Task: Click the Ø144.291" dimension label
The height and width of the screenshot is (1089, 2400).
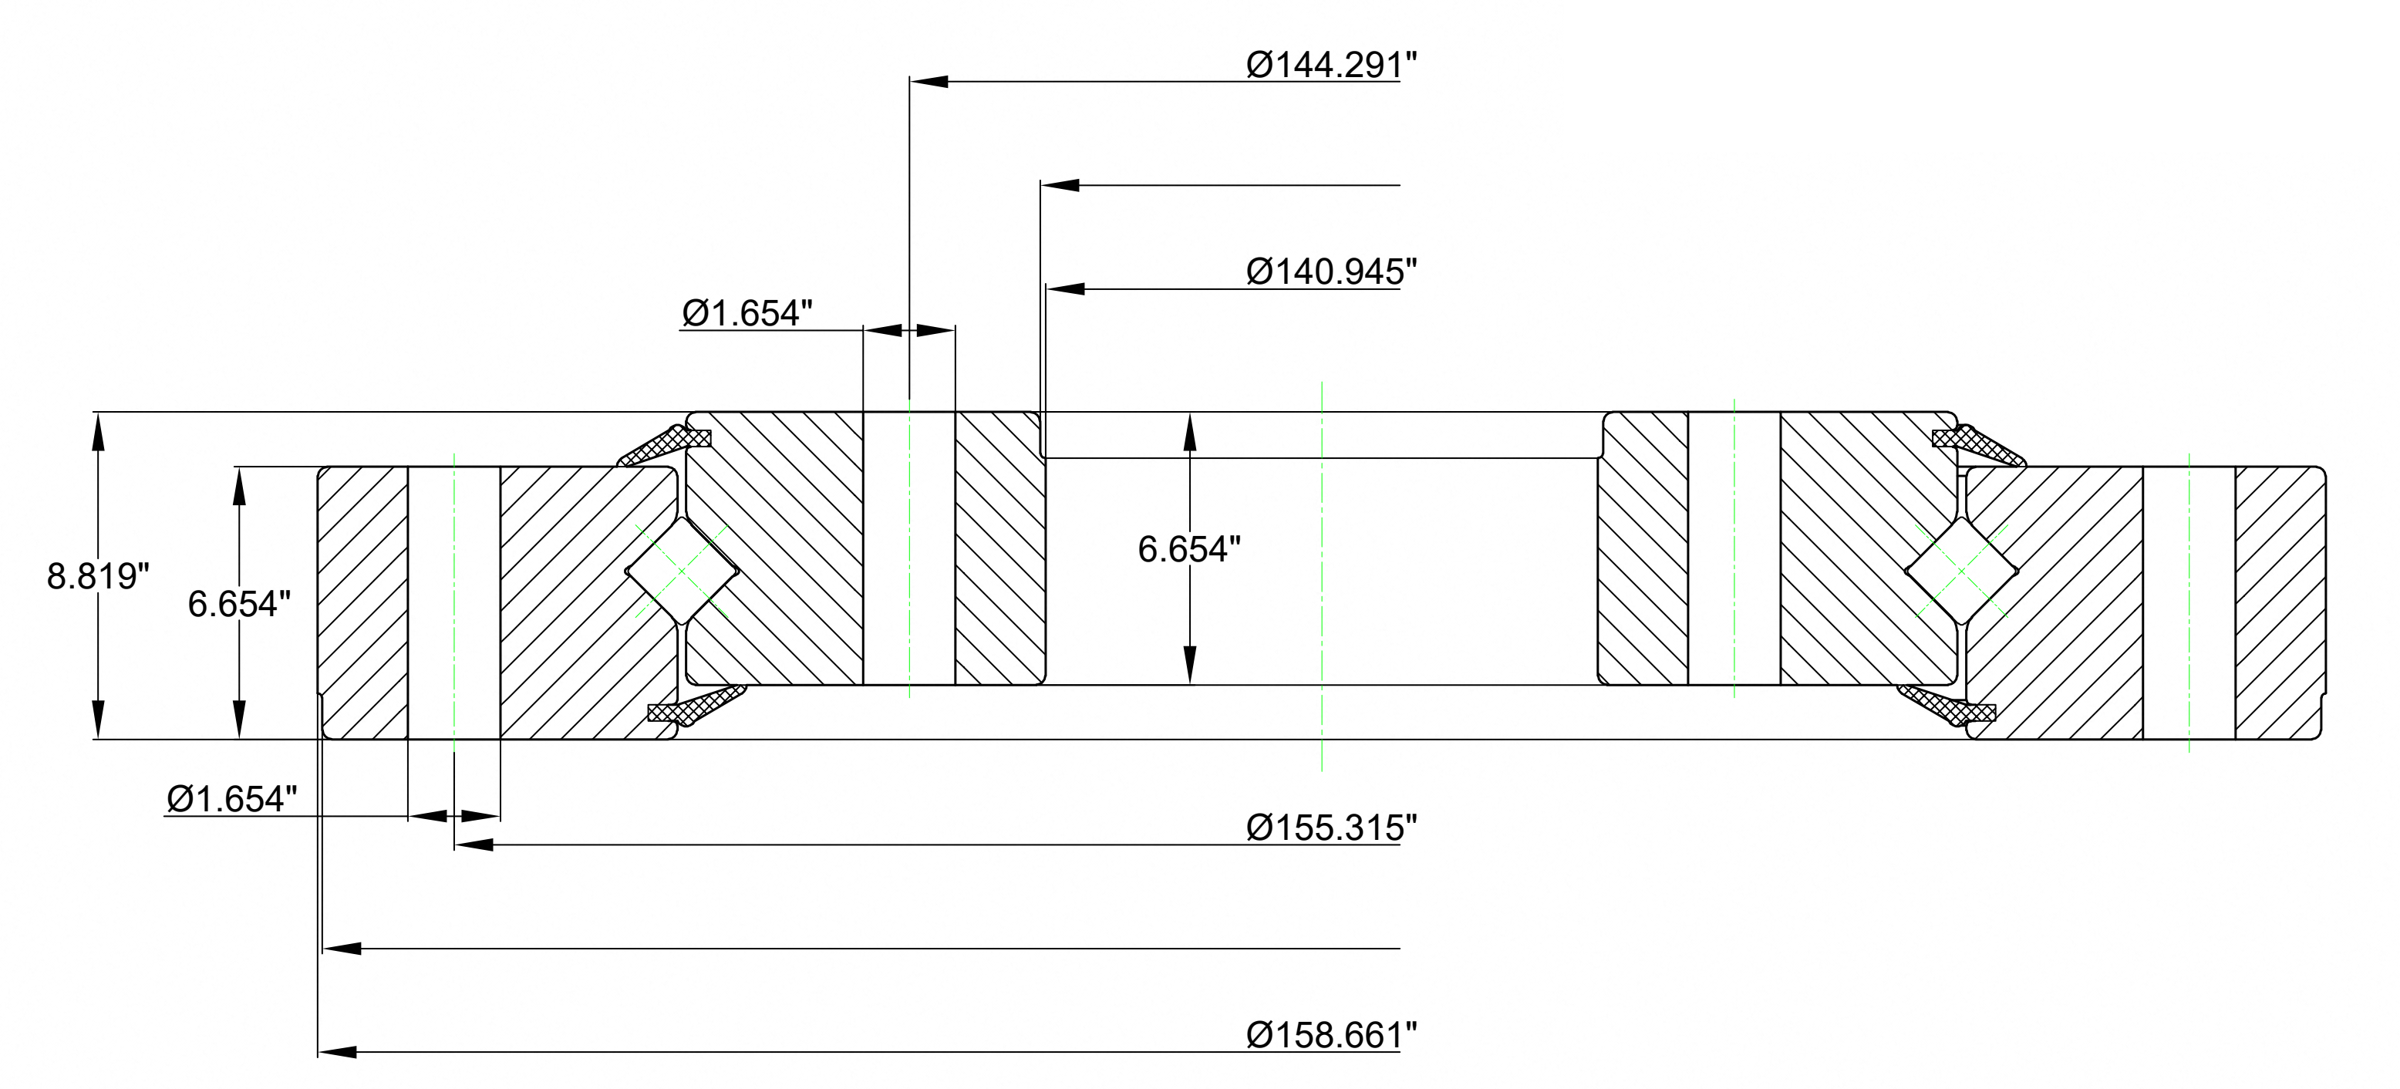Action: [x=1331, y=66]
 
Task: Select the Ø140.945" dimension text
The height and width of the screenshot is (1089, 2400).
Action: [x=1331, y=272]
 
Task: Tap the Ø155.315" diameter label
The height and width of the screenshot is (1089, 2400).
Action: [x=1331, y=828]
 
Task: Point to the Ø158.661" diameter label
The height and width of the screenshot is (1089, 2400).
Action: [x=1331, y=1035]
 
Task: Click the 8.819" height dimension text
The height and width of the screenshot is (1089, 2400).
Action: [x=98, y=577]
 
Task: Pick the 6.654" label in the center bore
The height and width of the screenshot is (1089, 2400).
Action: [x=1189, y=550]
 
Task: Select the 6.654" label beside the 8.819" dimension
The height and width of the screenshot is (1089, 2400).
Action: [x=239, y=604]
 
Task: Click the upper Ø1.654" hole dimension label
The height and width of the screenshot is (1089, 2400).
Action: [x=747, y=314]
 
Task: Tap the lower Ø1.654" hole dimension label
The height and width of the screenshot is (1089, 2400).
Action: [x=232, y=799]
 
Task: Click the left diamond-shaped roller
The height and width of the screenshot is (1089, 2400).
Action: [x=681, y=571]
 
